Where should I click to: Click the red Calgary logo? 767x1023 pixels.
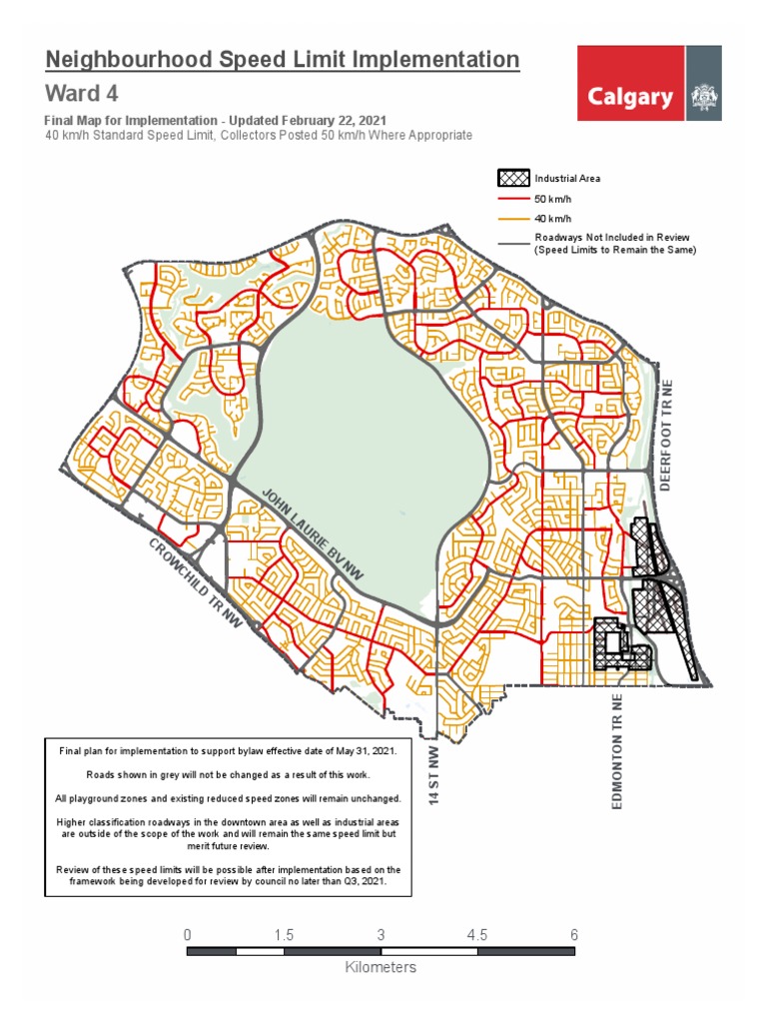(x=630, y=96)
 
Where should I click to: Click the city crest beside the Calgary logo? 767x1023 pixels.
(x=703, y=97)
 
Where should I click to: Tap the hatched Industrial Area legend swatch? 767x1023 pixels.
(x=513, y=179)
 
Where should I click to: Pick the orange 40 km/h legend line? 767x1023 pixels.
(x=513, y=219)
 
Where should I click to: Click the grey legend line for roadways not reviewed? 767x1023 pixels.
(x=513, y=243)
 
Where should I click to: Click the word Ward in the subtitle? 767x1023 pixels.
(x=66, y=94)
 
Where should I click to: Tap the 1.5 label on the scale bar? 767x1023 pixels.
(x=284, y=935)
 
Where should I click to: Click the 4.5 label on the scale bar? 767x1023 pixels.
(x=477, y=935)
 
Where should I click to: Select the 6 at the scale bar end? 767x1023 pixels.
(x=574, y=935)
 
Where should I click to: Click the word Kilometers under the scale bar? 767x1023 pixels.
(x=381, y=967)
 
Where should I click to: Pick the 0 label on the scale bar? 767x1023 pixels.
(x=188, y=935)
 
